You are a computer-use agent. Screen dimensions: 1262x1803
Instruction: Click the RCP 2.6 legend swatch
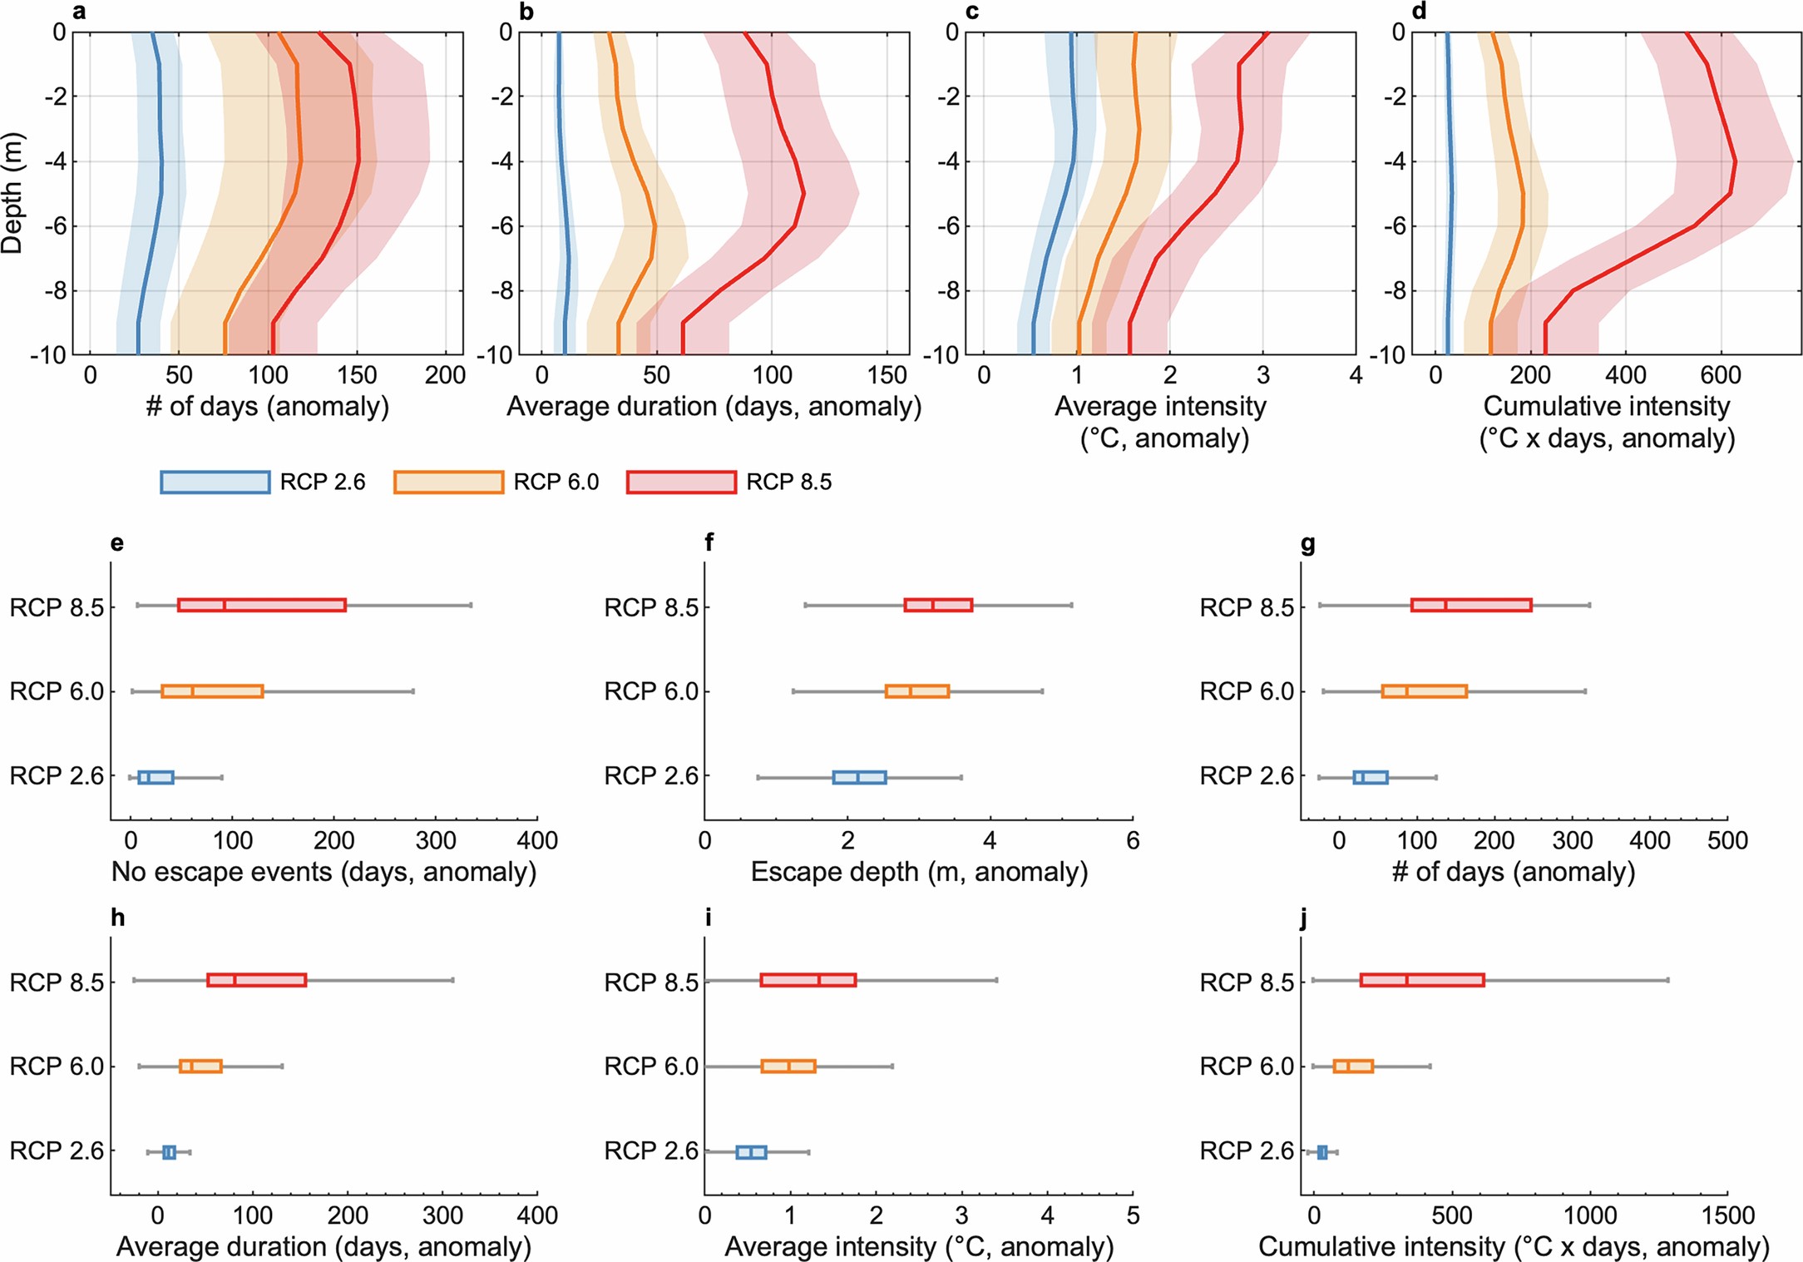pos(215,483)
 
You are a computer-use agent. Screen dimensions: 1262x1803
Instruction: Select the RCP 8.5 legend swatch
pos(681,483)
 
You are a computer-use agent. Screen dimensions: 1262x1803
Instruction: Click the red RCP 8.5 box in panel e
pos(261,605)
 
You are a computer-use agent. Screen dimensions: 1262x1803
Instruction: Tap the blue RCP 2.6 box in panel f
pos(859,778)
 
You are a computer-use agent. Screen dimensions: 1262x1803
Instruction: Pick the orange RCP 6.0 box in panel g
pos(1424,691)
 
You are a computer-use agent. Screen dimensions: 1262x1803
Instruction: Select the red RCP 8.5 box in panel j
pos(1421,980)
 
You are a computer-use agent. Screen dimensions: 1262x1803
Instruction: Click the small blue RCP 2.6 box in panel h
pos(169,1152)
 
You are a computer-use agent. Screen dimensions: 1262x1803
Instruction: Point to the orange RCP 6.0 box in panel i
pos(788,1066)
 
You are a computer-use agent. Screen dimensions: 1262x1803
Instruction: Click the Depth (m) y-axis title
pos(13,193)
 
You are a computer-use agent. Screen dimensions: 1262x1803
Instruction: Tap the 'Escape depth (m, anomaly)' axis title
pos(919,872)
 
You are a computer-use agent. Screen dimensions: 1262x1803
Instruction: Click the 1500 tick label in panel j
pos(1727,1215)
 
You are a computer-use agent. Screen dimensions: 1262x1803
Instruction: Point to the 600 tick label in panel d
pos(1720,375)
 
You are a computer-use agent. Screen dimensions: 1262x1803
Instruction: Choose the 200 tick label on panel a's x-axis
pos(445,375)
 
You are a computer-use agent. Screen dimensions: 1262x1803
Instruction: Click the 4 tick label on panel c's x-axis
pos(1356,375)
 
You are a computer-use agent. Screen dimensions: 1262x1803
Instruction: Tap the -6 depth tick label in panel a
pos(52,226)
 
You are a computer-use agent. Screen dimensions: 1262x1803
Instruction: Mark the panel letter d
pos(1419,11)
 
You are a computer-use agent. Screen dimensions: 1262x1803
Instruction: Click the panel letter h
pos(117,918)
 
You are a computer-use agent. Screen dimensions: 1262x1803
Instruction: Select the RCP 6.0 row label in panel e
pos(57,691)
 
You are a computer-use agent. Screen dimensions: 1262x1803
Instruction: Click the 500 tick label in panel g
pos(1727,840)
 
